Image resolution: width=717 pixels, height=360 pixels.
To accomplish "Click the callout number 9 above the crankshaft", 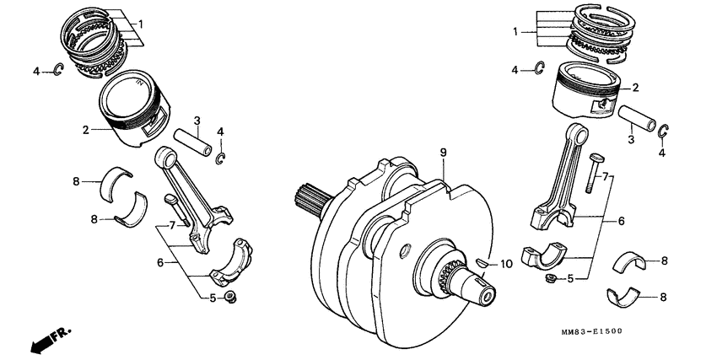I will click(441, 153).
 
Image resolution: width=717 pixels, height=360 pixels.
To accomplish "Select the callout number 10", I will click(506, 264).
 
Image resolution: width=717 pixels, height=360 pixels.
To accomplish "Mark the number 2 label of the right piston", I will click(634, 87).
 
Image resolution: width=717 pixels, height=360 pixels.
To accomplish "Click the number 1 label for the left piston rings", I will click(141, 24).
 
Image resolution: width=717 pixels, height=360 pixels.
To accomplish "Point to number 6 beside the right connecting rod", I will click(621, 220).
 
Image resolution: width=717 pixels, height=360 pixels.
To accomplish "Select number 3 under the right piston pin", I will click(630, 138).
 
